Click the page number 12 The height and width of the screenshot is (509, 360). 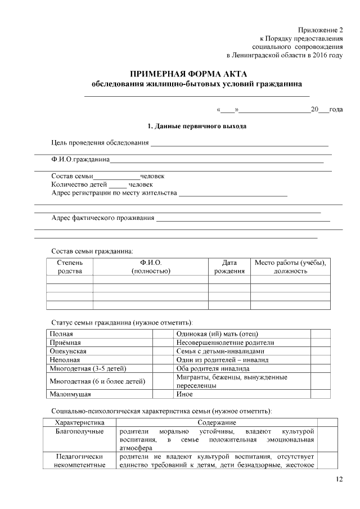point(339,479)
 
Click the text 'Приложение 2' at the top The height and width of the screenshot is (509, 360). point(321,29)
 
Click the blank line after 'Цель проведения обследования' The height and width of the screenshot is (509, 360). point(239,143)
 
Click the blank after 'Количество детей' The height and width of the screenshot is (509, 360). point(118,184)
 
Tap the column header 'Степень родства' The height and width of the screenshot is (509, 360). point(69,267)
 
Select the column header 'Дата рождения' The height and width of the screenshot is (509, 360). point(229,267)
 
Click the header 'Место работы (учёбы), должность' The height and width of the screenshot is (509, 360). point(290,267)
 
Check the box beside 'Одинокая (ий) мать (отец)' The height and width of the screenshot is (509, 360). point(320,334)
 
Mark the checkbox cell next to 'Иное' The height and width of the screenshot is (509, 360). point(320,394)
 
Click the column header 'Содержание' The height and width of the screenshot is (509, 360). point(217,422)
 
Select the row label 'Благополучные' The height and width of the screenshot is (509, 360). point(79,431)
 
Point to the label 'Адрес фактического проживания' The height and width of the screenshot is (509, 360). point(103,218)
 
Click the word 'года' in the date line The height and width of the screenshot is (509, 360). point(336,110)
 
